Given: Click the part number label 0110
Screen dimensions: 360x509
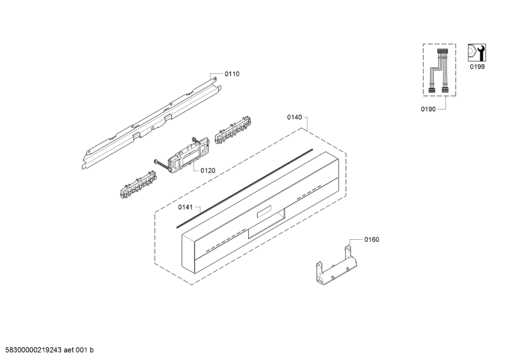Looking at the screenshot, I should [232, 74].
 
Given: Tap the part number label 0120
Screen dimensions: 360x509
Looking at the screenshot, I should [208, 170].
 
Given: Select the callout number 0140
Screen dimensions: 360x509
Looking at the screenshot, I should [295, 118].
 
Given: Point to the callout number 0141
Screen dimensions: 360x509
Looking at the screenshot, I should [185, 207].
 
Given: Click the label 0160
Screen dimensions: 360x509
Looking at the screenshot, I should [372, 240].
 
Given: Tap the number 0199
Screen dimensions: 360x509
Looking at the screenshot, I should [477, 66].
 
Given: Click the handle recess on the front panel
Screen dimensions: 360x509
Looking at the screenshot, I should [265, 226].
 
